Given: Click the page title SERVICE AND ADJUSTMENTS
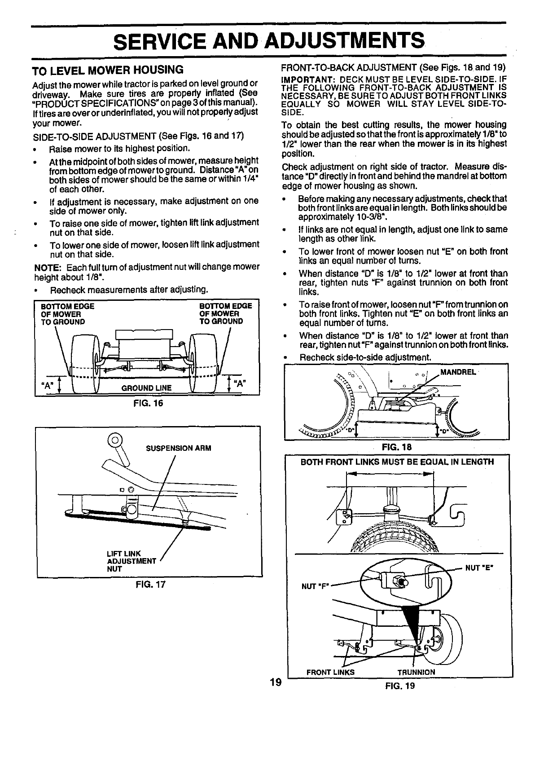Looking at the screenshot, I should click(268, 41).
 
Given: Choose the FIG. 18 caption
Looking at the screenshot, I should click(397, 447).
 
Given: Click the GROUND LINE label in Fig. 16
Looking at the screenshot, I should click(146, 388).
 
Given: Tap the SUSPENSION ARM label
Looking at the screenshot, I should click(178, 448).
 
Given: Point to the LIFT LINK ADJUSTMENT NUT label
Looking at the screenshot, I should click(131, 561).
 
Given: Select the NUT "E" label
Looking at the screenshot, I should click(479, 568).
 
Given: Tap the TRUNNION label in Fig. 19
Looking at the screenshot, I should click(416, 672).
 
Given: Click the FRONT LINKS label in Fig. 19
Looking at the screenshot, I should click(330, 672).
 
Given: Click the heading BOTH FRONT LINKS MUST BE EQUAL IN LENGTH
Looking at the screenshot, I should click(397, 462).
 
